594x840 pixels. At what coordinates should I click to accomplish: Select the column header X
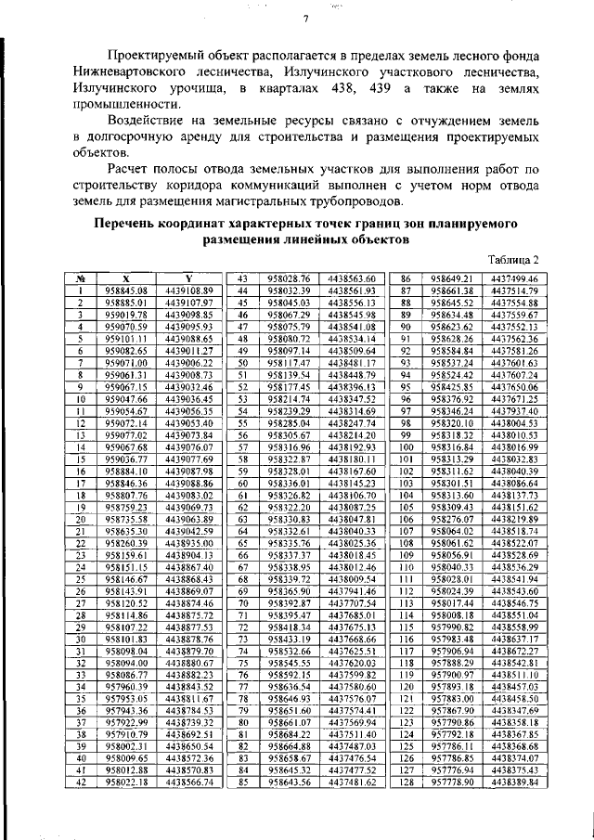click(127, 278)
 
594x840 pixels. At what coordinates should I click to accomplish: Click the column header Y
click(188, 278)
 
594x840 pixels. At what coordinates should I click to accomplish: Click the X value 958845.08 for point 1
click(127, 291)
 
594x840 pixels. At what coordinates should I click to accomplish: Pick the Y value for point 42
click(188, 782)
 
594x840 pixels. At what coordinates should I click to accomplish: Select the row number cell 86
click(406, 278)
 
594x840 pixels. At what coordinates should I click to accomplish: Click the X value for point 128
click(452, 782)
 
